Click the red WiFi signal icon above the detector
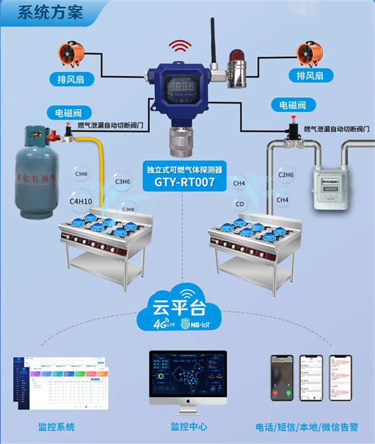tap(181, 47)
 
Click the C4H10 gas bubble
tap(81, 202)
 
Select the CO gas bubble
tap(239, 204)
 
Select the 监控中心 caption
tap(188, 427)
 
